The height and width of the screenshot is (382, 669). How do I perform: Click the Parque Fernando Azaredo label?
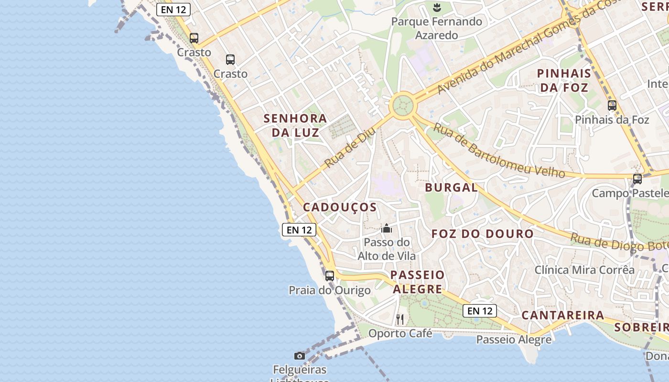[436, 28]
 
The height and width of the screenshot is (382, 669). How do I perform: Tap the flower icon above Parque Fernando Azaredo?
[436, 7]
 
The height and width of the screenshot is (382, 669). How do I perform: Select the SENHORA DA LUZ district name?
[295, 125]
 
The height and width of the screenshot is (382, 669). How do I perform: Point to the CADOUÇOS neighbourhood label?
[340, 207]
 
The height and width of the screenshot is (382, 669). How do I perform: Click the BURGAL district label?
[451, 188]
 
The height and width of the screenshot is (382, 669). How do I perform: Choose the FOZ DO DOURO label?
[482, 234]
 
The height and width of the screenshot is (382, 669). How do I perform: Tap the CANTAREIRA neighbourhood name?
[562, 315]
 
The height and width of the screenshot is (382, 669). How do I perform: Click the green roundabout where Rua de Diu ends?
[401, 105]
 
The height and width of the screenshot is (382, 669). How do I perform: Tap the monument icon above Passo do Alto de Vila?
[387, 229]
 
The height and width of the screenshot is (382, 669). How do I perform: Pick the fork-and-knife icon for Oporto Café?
[400, 319]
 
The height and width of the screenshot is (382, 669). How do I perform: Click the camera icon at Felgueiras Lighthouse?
[300, 356]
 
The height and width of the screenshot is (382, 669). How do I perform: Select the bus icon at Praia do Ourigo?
[330, 276]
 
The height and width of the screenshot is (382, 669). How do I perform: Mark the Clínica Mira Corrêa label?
[584, 270]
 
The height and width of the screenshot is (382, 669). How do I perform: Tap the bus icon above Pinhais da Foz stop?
[612, 106]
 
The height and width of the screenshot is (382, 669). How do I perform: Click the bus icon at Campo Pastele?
[637, 179]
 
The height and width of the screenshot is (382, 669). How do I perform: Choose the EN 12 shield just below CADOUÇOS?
[299, 230]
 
